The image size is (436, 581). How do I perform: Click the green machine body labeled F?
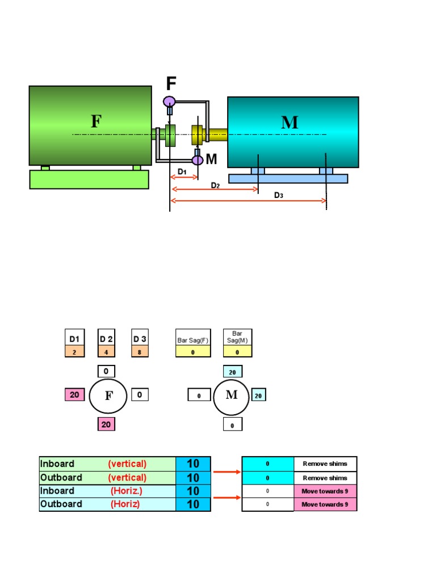coord(90,125)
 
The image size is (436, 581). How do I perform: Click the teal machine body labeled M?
coord(293,132)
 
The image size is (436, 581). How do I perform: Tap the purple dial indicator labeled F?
coord(169,102)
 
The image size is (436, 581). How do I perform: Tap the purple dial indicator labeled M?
coord(197,160)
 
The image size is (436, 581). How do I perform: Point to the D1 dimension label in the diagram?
coord(182,171)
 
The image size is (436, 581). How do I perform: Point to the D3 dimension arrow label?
coord(279,195)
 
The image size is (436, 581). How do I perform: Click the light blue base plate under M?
coord(288,179)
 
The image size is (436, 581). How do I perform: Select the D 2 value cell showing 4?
coord(106,352)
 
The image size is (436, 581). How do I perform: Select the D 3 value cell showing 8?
coord(140,352)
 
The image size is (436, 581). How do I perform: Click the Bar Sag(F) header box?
coord(193,339)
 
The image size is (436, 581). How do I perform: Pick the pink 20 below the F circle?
coord(106,424)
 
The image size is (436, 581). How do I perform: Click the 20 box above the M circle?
coord(232,372)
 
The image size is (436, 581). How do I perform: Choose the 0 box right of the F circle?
coord(140,394)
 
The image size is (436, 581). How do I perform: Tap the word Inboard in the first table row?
coord(57,464)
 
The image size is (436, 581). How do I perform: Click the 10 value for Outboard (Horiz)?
coord(193,504)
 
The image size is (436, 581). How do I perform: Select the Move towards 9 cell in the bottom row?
coord(325,504)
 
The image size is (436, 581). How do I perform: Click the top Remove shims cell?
coord(325,464)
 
